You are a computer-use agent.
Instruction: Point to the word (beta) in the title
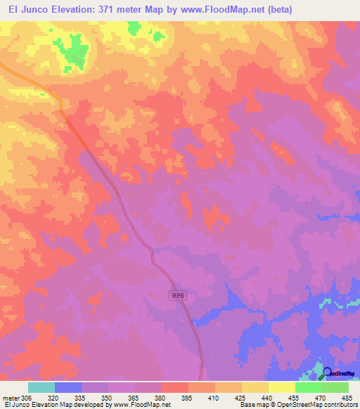click(x=272, y=10)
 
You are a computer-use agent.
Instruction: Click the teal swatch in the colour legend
click(x=41, y=387)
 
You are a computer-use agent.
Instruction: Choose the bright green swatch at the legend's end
click(x=335, y=387)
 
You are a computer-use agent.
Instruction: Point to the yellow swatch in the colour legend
click(x=282, y=387)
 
